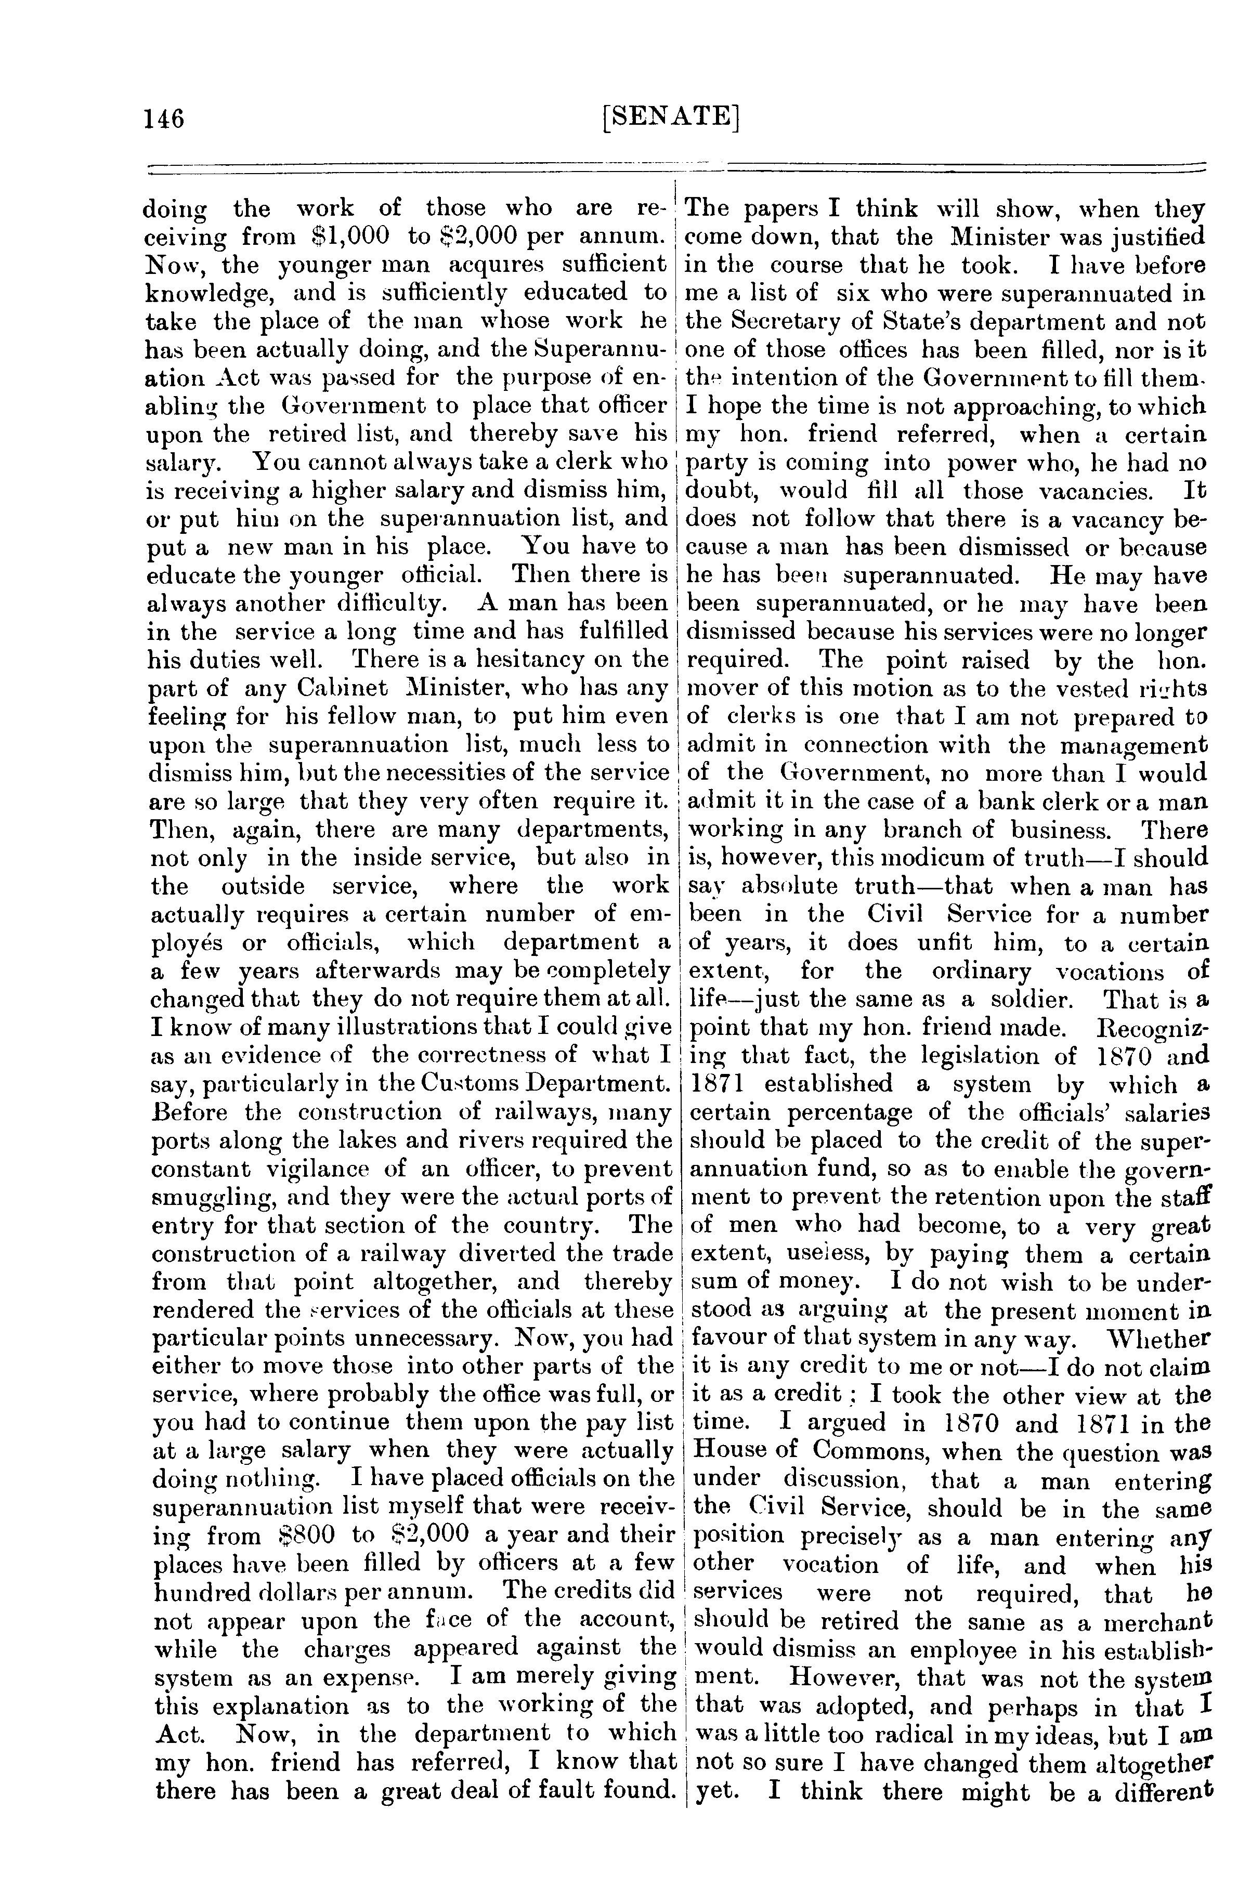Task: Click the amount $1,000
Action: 349,237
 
